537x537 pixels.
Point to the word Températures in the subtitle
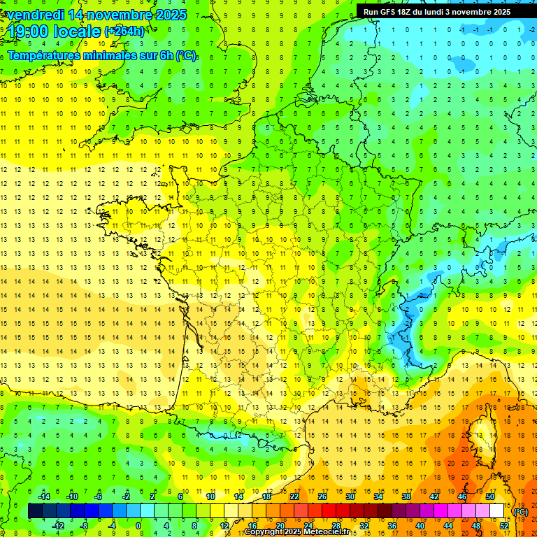click(47, 55)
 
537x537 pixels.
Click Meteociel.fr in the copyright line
click(328, 532)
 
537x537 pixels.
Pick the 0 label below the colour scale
click(138, 526)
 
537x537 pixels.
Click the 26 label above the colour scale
click(322, 496)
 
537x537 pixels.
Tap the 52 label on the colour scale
click(503, 526)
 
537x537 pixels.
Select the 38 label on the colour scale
click(406, 496)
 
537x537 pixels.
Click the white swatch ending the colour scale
click(497, 511)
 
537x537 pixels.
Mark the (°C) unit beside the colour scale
click(520, 512)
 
